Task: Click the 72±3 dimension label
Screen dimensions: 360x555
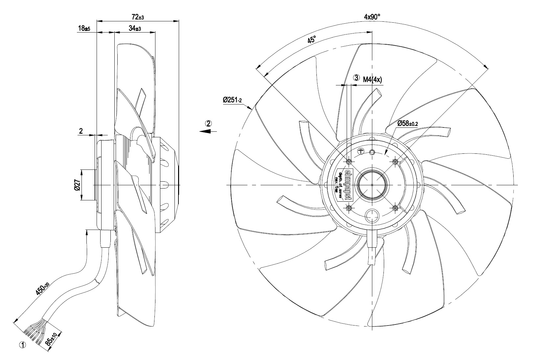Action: coord(138,16)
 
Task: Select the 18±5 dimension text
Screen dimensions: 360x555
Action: coord(84,29)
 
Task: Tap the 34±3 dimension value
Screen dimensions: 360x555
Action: coord(135,29)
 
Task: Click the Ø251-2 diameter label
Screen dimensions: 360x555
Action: coord(232,100)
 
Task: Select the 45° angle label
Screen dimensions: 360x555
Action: coord(312,40)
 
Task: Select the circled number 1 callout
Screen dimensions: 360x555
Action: coord(23,345)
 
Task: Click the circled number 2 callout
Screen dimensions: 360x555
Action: coord(208,124)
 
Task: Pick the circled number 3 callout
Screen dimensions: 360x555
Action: coord(356,78)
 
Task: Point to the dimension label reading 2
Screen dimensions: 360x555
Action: coord(81,131)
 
